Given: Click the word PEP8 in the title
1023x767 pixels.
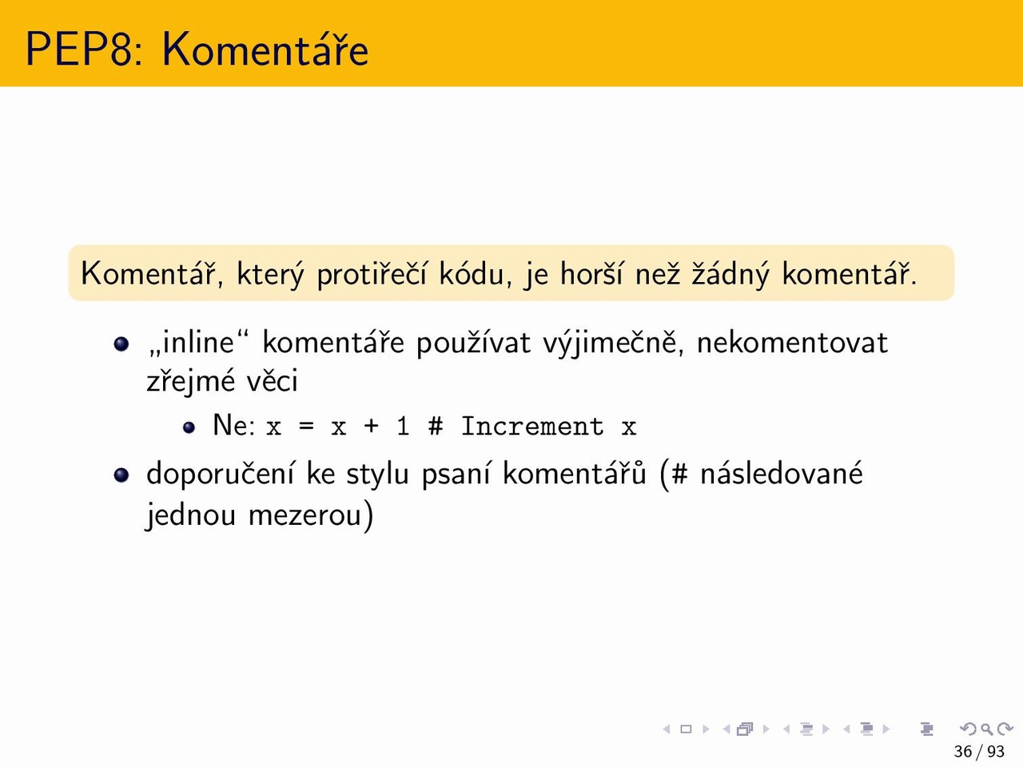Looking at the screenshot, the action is point(80,49).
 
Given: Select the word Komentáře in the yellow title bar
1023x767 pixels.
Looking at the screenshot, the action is point(265,49).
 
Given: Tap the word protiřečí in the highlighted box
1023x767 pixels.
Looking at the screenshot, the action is point(372,274).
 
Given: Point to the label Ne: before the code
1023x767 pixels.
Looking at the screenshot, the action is point(234,426).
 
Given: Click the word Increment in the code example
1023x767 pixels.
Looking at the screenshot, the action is point(532,426).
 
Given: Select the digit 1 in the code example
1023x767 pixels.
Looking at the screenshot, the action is point(403,426).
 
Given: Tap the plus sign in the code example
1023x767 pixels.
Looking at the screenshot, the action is point(371,426).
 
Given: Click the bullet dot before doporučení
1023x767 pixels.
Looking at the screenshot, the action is point(121,475).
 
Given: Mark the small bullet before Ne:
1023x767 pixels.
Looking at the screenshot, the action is point(189,427).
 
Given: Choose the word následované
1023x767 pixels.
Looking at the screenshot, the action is point(782,474).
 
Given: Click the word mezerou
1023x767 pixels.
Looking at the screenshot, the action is point(305,515).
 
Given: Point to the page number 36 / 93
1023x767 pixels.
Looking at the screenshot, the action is point(979,752).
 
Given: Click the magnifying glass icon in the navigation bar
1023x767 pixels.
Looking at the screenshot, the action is point(987,729).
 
